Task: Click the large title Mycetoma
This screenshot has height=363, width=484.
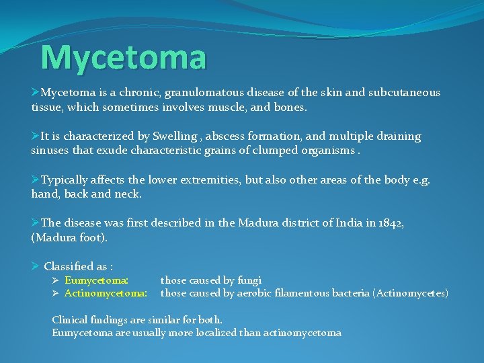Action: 123,58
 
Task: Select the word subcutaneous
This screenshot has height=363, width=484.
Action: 406,93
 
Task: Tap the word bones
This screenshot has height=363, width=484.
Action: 290,107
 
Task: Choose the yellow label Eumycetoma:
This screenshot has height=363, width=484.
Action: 97,280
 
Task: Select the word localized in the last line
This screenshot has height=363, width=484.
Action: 229,333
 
